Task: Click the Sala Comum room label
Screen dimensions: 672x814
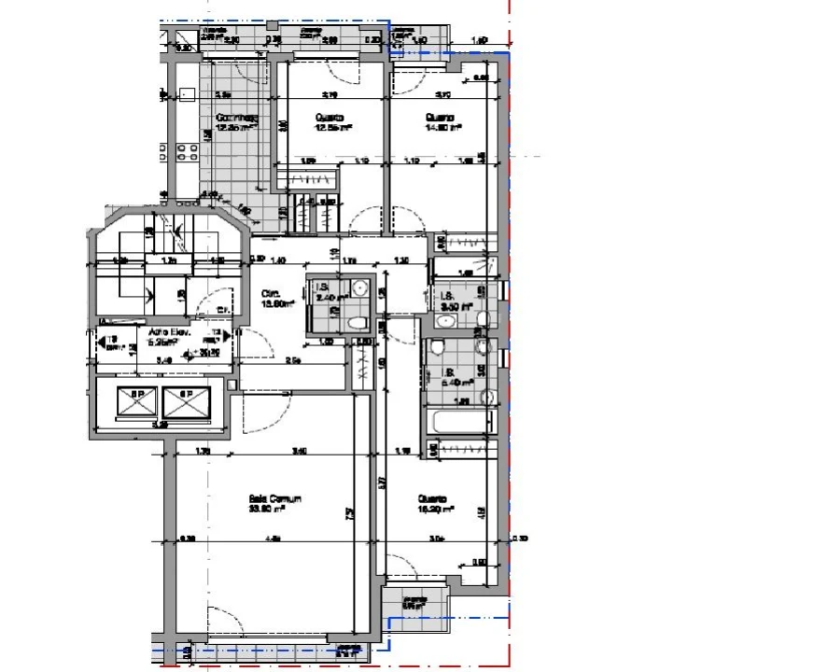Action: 274,499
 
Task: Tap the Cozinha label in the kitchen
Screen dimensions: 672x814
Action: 235,119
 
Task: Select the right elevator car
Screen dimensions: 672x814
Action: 183,402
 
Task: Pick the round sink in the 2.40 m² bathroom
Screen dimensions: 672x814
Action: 359,287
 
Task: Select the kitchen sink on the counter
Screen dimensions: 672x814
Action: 187,94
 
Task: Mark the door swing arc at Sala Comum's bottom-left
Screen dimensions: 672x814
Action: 221,616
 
